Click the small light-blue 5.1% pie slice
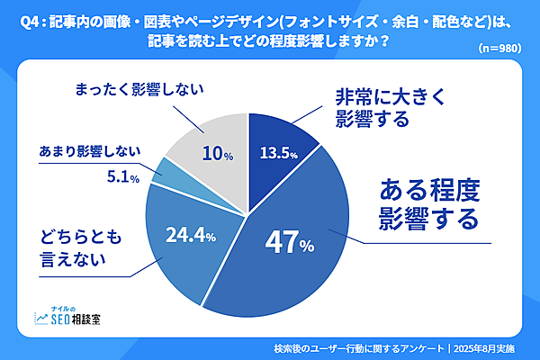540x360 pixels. pyautogui.click(x=163, y=171)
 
